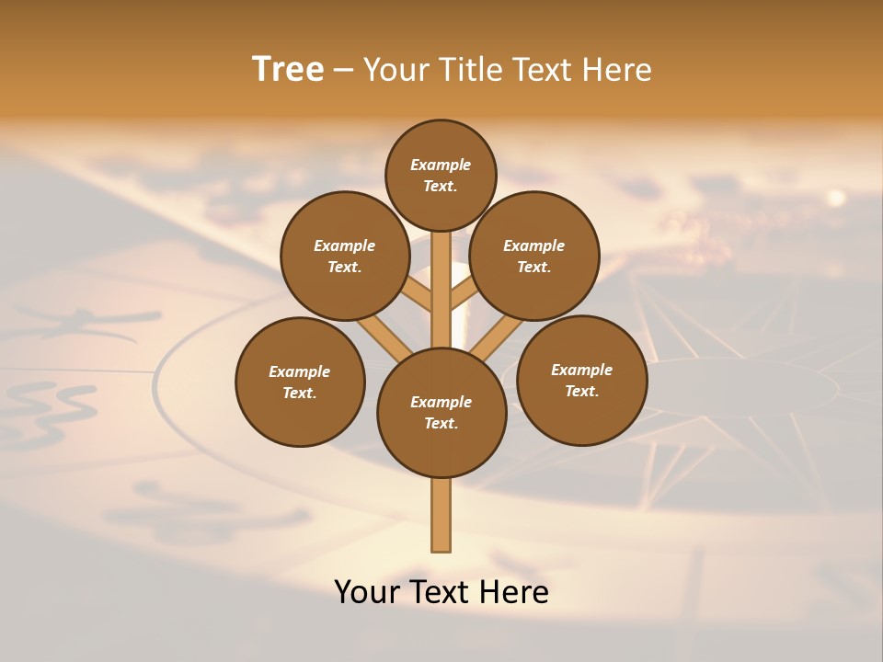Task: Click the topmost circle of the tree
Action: [441, 175]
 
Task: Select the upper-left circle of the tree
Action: [344, 256]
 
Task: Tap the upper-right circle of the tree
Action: [533, 256]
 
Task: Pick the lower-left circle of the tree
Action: [300, 382]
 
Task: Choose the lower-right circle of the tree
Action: [581, 380]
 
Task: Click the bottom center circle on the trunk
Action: [441, 413]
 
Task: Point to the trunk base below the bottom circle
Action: [441, 515]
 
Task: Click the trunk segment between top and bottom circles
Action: [441, 290]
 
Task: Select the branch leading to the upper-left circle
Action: [417, 294]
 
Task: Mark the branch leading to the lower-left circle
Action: [382, 335]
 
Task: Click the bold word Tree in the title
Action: [288, 69]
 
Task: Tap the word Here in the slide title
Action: [618, 69]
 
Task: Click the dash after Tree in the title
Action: [343, 70]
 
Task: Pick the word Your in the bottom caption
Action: [368, 591]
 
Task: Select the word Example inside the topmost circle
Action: [441, 165]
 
